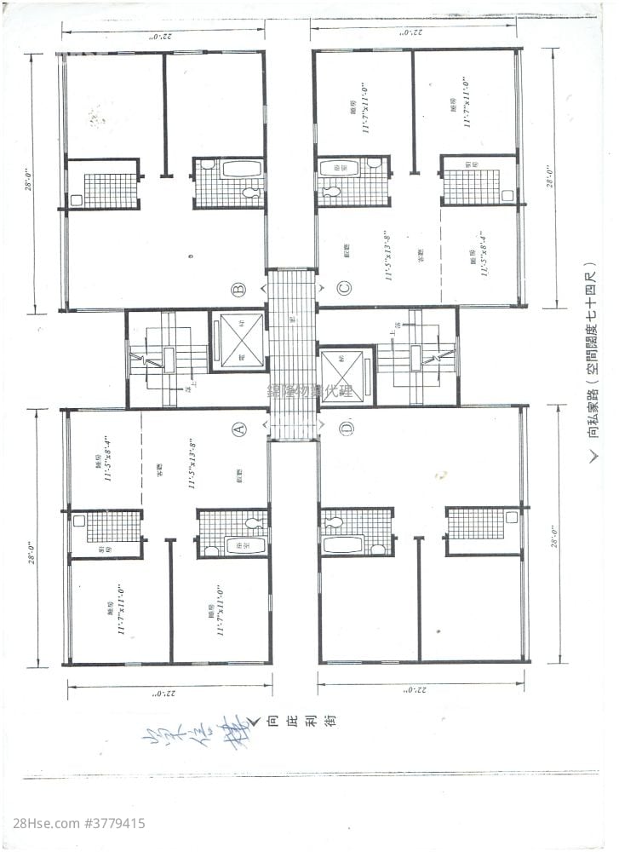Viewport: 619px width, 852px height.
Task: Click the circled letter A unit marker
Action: point(240,429)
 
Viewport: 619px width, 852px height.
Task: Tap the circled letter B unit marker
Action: point(240,289)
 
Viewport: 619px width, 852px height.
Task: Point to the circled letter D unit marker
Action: point(347,429)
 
